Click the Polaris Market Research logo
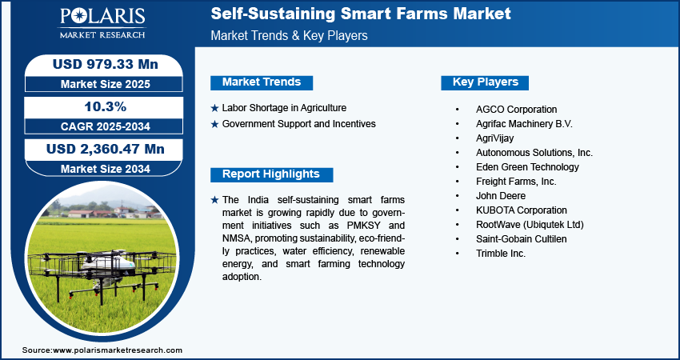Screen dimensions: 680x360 pos(102,23)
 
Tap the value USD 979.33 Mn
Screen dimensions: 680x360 pos(106,64)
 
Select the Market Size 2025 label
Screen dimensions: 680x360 pos(106,84)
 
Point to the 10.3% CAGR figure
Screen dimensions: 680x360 pos(106,106)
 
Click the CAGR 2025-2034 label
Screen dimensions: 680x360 pos(106,126)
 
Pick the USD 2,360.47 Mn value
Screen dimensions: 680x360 pos(106,150)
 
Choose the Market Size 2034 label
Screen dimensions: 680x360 pos(106,169)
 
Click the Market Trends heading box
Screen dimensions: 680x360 pos(262,82)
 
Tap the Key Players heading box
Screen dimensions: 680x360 pos(485,82)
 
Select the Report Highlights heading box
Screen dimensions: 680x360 pos(271,174)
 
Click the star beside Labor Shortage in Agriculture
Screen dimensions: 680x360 pos(214,108)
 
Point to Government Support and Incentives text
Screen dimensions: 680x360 pos(299,124)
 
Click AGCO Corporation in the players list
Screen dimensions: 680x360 pos(516,110)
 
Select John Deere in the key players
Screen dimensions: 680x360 pos(501,196)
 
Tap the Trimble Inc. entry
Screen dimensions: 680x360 pos(501,254)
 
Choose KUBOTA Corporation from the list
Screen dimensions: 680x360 pos(522,210)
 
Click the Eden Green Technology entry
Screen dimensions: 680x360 pos(527,167)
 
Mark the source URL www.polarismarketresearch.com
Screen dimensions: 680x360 pos(118,350)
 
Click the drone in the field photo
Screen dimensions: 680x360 pos(102,272)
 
